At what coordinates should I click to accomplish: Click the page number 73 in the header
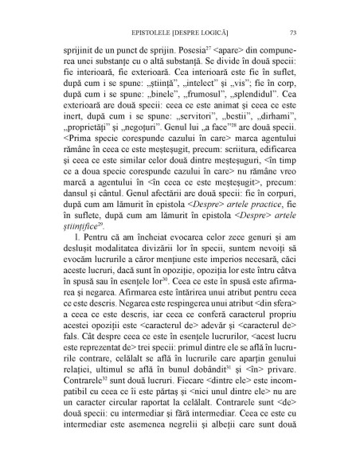pyautogui.click(x=294, y=33)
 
